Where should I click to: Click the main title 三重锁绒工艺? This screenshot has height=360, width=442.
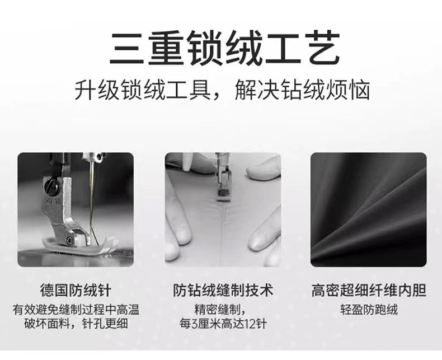coord(224,48)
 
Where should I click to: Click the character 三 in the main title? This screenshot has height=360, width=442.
coord(125,49)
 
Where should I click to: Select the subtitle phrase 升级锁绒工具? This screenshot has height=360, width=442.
coord(143,90)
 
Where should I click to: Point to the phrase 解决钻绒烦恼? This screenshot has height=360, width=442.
coord(302,90)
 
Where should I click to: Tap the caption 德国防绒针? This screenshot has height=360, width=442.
coord(76,291)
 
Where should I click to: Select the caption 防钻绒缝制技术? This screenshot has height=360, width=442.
coord(223,291)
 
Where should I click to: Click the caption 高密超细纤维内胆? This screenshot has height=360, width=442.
coord(369,291)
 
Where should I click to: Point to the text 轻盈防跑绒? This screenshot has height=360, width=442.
coord(369,310)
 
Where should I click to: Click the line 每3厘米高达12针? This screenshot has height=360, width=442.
coord(223,324)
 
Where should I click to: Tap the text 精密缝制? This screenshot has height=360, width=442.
coord(217,310)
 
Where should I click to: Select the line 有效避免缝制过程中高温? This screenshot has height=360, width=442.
coord(76,310)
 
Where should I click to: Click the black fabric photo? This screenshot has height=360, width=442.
coord(369,209)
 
